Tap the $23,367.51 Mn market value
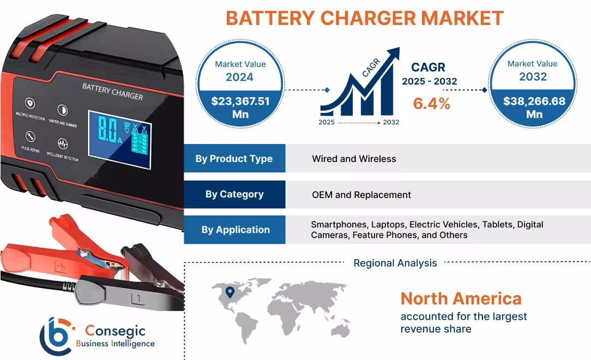[240, 107]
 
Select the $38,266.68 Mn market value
[534, 107]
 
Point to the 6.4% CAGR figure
[431, 103]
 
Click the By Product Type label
[234, 159]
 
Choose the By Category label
[234, 194]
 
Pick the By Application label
[235, 230]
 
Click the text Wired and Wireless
[354, 159]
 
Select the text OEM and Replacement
[361, 195]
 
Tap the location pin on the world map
[230, 293]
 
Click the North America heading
[461, 298]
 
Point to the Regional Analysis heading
[395, 263]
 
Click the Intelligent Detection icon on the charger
[63, 145]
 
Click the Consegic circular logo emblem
[56, 335]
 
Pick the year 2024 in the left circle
[239, 77]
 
